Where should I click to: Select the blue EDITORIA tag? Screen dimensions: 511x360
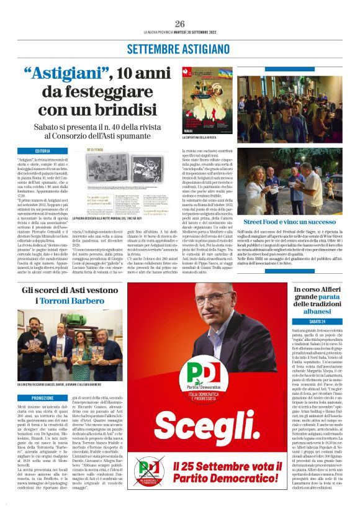43,151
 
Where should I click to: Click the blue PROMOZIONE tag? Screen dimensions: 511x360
43,380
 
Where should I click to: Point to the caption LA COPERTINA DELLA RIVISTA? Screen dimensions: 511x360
199,137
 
